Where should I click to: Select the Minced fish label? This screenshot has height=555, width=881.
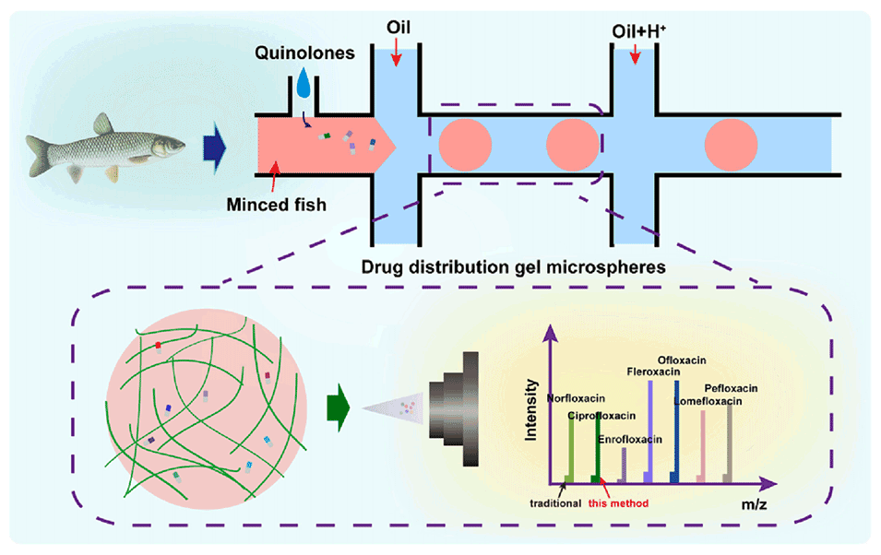277,204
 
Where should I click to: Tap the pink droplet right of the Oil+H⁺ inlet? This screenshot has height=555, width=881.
731,146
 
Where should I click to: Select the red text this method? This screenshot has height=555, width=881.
621,502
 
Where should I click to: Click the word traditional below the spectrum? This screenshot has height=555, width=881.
555,503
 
